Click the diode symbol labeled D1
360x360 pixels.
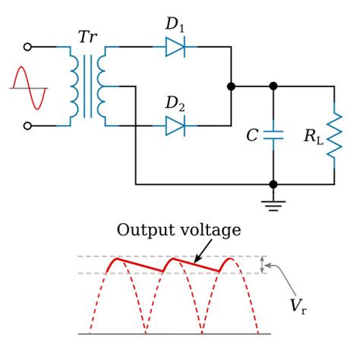click(175, 47)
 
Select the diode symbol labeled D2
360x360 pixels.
click(175, 125)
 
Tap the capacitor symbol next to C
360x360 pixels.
click(273, 136)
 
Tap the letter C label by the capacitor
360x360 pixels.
click(252, 136)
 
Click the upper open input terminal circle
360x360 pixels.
click(28, 47)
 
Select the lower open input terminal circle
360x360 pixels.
click(28, 125)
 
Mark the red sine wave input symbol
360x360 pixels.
click(29, 87)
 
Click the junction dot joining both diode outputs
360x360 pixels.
click(232, 87)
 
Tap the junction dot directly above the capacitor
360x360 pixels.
click(273, 87)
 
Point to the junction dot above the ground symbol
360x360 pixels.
click(273, 184)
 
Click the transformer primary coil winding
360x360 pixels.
click(76, 87)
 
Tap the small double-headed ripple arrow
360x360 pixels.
click(263, 264)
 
